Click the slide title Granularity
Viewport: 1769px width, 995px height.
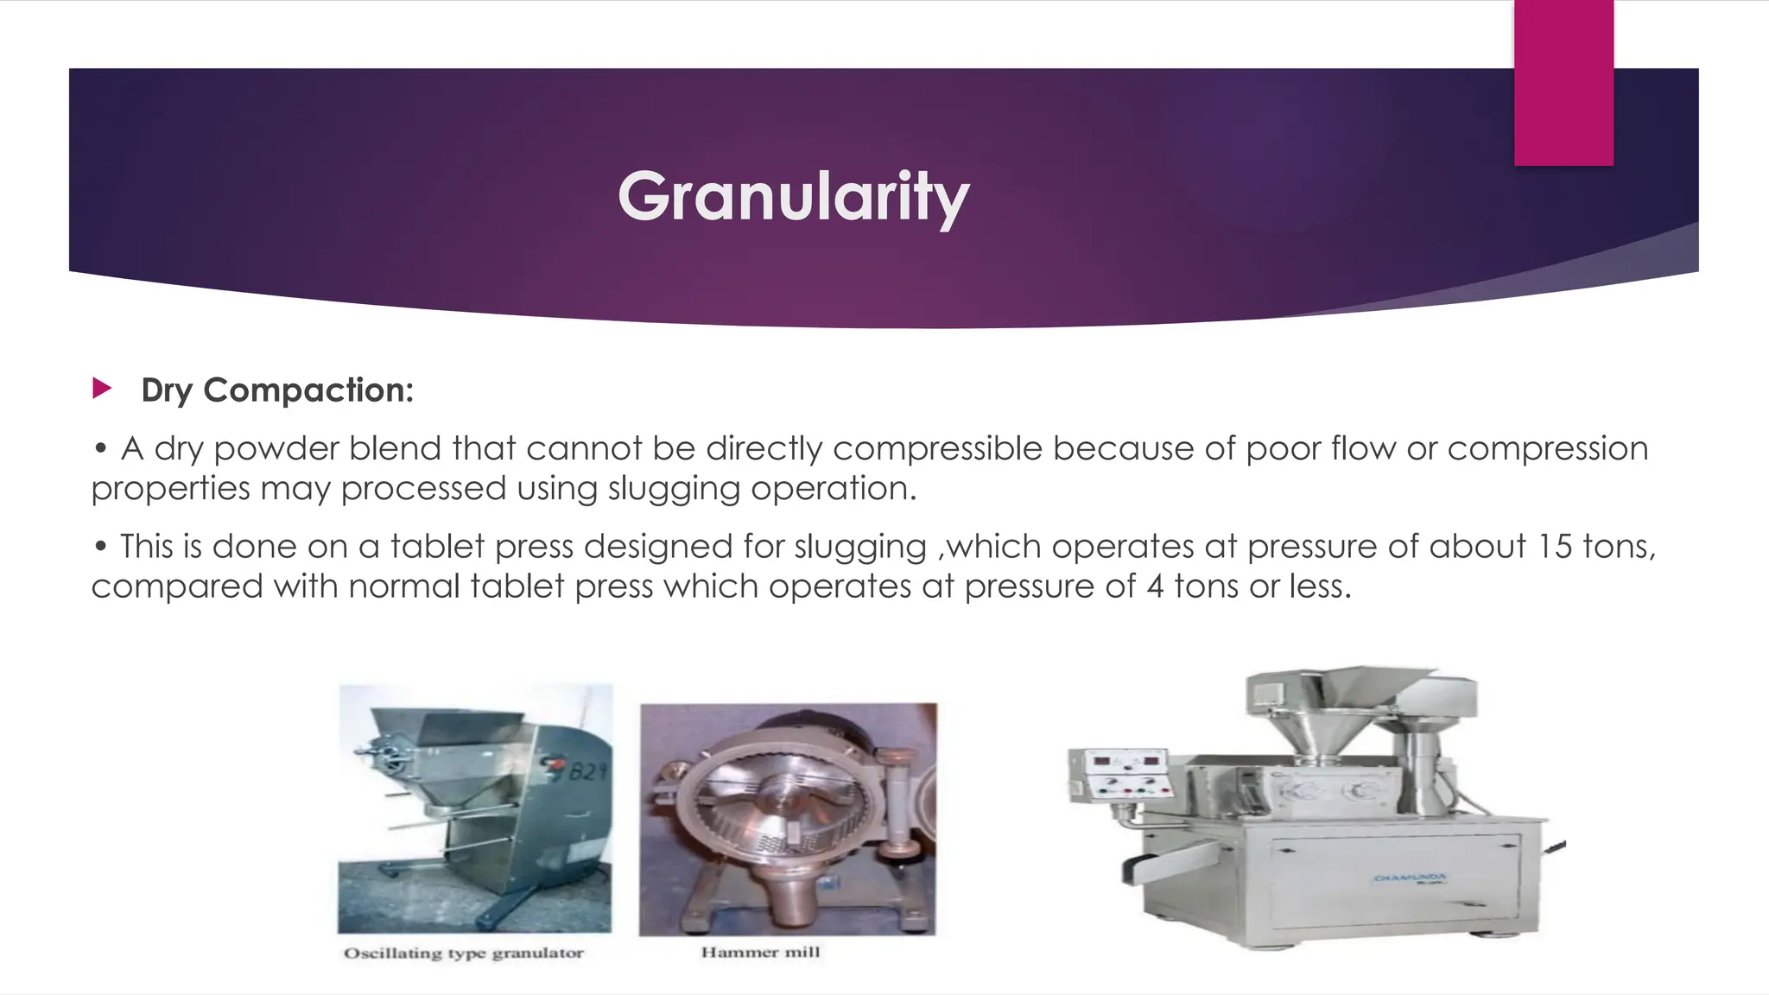tap(793, 197)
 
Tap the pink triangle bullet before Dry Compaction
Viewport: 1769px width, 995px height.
tap(102, 388)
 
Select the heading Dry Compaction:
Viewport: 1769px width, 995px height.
tap(277, 390)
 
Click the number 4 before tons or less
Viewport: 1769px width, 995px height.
tap(1155, 587)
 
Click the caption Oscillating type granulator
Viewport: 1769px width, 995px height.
tap(464, 953)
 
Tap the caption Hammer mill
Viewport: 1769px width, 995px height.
tap(760, 952)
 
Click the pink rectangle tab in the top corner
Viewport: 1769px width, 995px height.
tap(1563, 82)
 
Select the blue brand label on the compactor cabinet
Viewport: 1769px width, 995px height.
tap(1409, 878)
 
